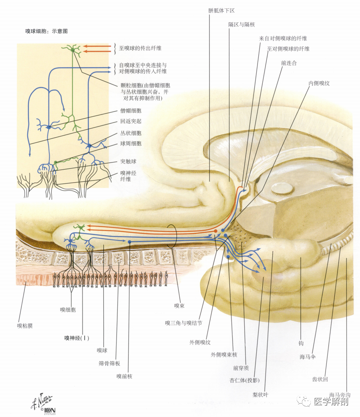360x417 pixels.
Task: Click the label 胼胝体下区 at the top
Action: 221,11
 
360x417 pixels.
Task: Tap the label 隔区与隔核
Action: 241,24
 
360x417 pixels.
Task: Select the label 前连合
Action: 289,63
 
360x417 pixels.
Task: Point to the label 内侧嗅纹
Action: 319,83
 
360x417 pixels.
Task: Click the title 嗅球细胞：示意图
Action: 46,31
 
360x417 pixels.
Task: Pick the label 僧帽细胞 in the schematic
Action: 131,110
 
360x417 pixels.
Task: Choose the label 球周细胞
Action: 131,144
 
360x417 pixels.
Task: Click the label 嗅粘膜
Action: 25,326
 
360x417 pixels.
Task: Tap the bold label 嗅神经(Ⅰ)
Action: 76,338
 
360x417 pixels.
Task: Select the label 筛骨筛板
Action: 109,363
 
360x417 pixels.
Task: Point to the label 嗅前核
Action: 124,376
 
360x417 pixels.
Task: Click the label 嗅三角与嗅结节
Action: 183,323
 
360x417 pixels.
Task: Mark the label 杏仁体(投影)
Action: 245,380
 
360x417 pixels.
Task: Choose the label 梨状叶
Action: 260,395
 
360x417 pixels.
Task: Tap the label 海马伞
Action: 308,357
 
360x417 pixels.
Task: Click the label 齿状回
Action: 320,379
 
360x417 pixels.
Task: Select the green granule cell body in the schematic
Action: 72,50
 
